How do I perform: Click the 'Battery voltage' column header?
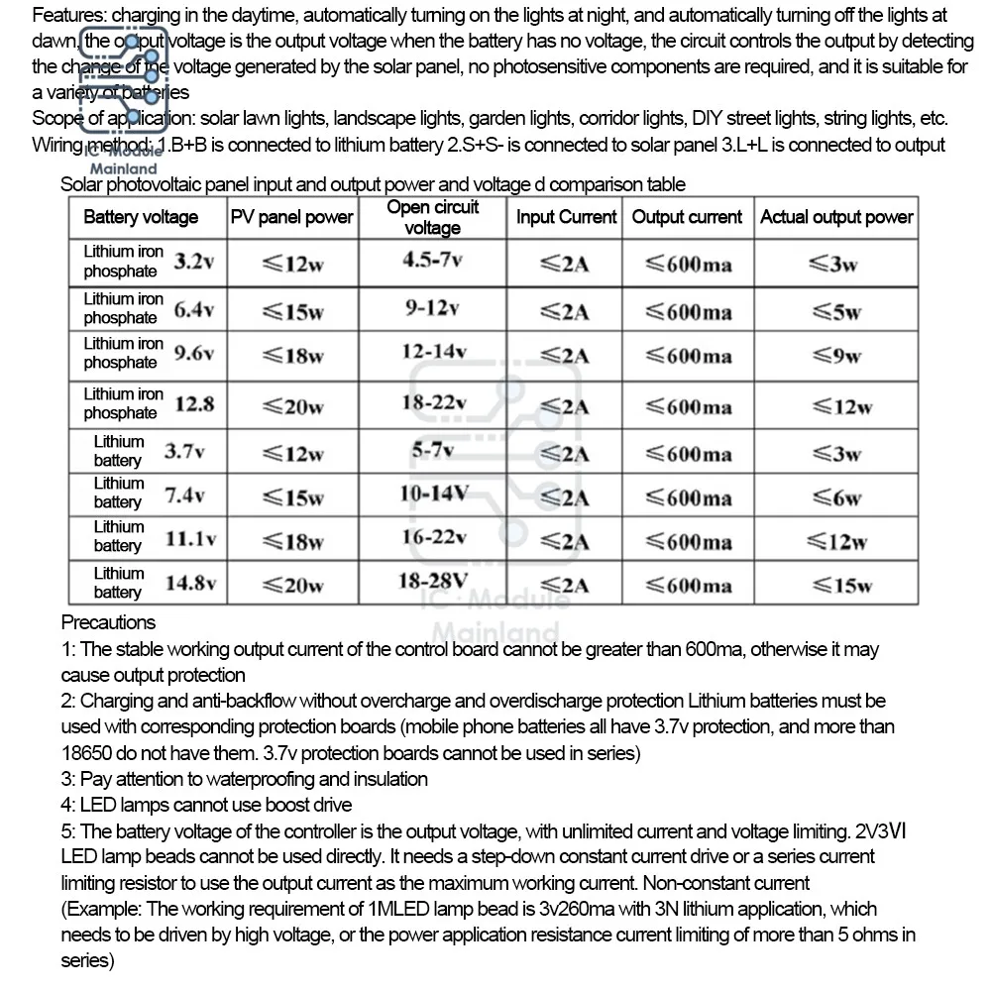point(141,217)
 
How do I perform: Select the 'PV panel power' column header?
point(291,217)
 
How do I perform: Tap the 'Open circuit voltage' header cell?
point(432,217)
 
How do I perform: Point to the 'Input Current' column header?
point(566,217)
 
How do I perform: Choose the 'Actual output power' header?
point(836,217)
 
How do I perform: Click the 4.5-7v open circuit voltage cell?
point(432,261)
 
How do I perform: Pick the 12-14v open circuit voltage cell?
point(432,352)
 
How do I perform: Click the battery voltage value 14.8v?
point(190,583)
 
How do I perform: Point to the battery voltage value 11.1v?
point(190,539)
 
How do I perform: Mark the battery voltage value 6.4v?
point(194,309)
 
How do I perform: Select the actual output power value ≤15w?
point(836,585)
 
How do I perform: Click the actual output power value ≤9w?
point(836,356)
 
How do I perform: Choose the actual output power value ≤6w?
point(836,497)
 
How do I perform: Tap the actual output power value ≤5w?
point(836,312)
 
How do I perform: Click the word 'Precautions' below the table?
point(108,622)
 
